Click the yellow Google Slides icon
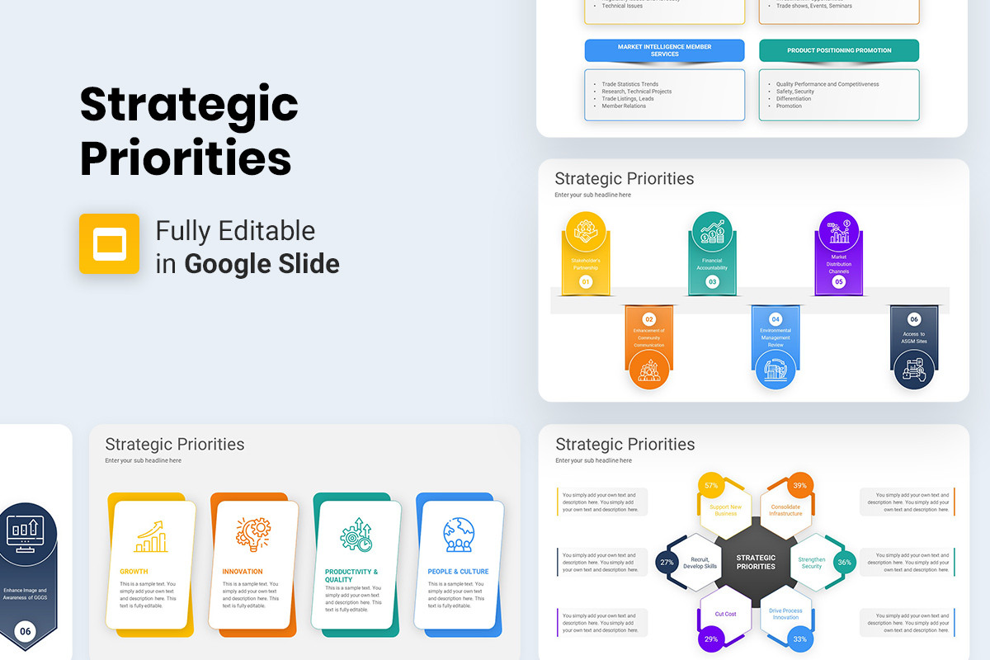[109, 243]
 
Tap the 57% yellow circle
[710, 485]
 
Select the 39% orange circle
[799, 486]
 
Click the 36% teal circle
[844, 563]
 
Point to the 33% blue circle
[799, 639]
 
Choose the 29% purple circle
[711, 639]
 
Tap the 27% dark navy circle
[667, 563]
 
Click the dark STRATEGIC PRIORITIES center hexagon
[756, 563]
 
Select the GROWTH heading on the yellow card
[134, 572]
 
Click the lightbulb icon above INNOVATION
[253, 535]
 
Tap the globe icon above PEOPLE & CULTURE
[459, 535]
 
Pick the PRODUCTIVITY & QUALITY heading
[351, 576]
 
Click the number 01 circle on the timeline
[586, 282]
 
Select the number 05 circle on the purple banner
[839, 282]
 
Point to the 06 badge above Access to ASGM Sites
[914, 319]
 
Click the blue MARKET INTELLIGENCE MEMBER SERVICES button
[665, 50]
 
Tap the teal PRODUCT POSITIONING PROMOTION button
[839, 50]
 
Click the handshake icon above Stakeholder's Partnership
[586, 233]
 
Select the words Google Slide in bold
[262, 264]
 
